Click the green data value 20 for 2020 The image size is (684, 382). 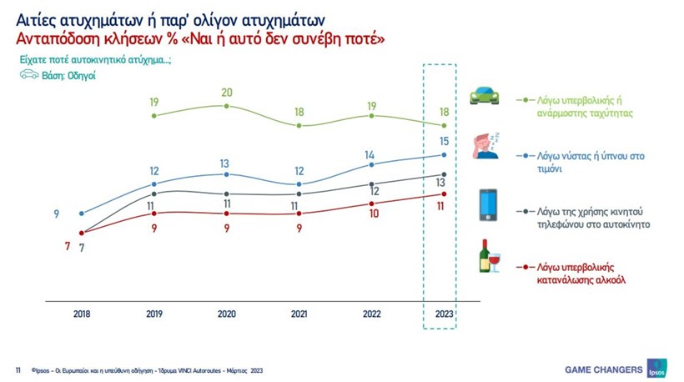pos(226,93)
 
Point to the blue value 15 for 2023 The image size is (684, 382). pos(443,141)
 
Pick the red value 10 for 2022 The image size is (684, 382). pos(372,214)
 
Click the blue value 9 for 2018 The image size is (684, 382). pos(57,214)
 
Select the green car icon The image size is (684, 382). pos(485,96)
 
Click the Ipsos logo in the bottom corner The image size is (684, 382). pos(656,369)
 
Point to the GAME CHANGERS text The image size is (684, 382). pos(604,369)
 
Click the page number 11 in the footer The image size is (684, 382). pos(18,369)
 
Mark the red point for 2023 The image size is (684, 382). pos(443,194)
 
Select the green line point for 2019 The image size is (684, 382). pos(154,115)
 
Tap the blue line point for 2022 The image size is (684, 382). pos(371,164)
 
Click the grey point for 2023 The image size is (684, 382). pos(443,174)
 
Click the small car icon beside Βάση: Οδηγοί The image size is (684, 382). pos(29,75)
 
